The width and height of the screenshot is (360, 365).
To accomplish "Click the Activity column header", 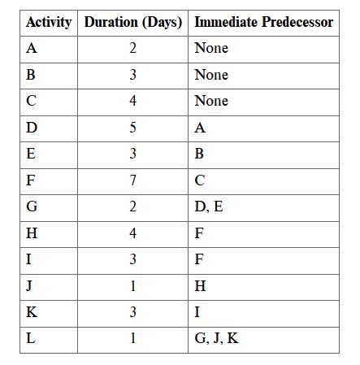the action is (49, 22).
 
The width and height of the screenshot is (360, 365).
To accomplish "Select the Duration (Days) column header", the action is (132, 22).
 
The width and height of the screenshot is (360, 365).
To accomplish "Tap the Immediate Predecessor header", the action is (263, 22).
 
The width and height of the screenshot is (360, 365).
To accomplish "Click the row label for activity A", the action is (32, 48).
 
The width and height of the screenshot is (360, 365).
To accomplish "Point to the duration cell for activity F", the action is (132, 180).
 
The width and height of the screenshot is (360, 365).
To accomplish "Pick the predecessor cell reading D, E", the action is (209, 206).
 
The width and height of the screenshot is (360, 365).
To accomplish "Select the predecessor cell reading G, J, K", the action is (217, 338).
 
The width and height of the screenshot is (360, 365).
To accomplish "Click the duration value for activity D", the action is (132, 128).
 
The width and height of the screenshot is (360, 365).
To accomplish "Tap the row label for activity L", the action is (31, 338).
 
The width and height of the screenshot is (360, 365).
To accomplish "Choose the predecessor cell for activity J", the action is (200, 286).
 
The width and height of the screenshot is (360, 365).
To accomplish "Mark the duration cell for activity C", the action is (132, 101).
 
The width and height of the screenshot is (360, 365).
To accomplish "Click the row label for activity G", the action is (32, 206).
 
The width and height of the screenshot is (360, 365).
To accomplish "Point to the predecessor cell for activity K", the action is (197, 312).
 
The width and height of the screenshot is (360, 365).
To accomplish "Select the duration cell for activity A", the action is (132, 48).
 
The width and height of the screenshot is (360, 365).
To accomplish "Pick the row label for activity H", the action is (32, 233).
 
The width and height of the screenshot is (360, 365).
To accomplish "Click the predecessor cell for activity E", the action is (200, 154).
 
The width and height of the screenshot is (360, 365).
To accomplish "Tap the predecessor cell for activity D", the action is (200, 128).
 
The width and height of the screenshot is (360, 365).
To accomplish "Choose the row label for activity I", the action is (29, 259).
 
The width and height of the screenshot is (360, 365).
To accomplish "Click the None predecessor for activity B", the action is (211, 75).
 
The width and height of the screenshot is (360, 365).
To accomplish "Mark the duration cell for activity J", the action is (132, 286).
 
